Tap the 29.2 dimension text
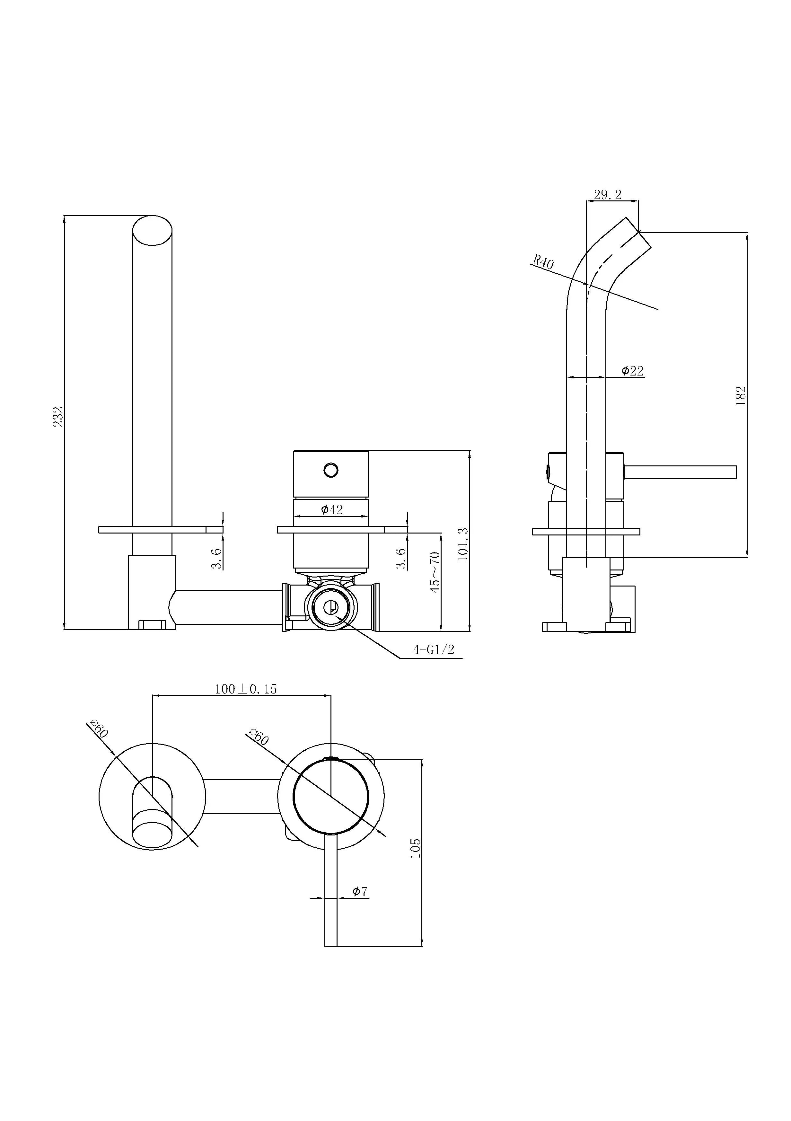[607, 195]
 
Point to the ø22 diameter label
[632, 371]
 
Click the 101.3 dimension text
[463, 544]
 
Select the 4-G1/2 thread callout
[434, 649]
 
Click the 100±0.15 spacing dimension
[246, 689]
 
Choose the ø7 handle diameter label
[360, 892]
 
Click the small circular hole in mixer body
[330, 470]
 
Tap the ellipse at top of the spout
[152, 230]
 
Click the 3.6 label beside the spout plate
[217, 558]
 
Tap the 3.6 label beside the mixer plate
[401, 558]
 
